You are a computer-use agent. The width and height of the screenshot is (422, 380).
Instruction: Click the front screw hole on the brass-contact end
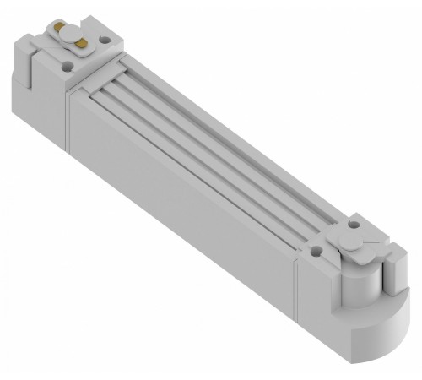(66, 60)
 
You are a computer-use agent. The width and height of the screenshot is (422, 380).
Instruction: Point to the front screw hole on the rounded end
(316, 250)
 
